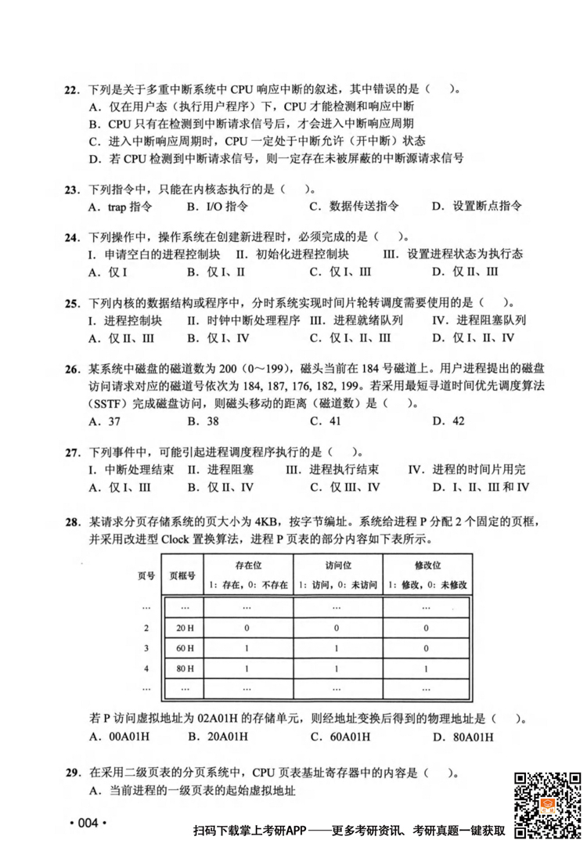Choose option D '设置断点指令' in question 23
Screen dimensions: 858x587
pos(477,207)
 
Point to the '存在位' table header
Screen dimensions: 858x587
pos(248,564)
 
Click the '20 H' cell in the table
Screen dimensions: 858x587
pos(185,628)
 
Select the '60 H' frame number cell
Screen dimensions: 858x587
pos(185,648)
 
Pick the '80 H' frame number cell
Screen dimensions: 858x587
pos(185,669)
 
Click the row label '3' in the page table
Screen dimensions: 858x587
pos(146,648)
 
